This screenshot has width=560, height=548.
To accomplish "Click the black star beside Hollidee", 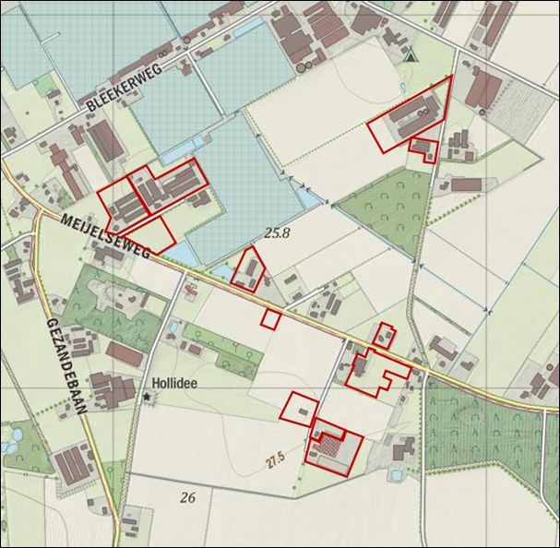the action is (147, 396).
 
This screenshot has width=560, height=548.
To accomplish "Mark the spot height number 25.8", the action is (277, 233).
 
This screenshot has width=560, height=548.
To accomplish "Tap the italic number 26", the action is (188, 497).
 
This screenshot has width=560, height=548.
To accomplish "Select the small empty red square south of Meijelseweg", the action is (270, 318).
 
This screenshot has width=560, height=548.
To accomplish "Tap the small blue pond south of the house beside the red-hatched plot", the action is (396, 475).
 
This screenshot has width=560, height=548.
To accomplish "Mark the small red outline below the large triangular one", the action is (424, 148).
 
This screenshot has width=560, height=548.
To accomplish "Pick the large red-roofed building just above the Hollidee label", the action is (125, 352).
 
